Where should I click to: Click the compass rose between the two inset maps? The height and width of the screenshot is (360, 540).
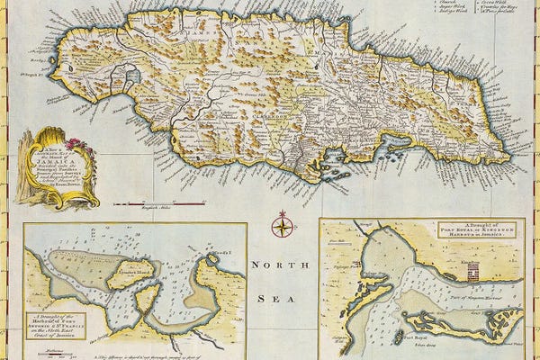coord(283,223)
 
